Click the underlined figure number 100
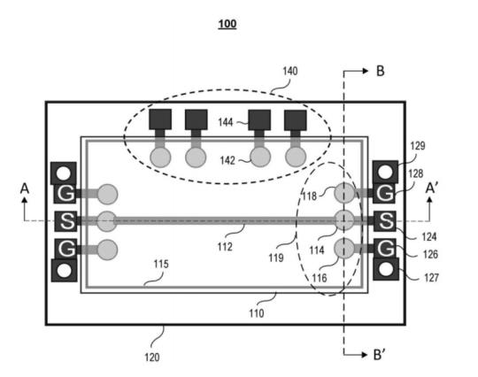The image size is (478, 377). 227,24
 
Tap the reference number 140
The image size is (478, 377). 290,72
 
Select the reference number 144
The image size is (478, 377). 226,122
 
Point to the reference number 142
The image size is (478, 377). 227,160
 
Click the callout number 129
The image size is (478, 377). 417,146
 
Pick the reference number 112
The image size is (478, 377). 225,247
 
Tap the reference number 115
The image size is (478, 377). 161,264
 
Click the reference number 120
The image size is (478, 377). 152,357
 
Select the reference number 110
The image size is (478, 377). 257,313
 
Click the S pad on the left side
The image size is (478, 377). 66,221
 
